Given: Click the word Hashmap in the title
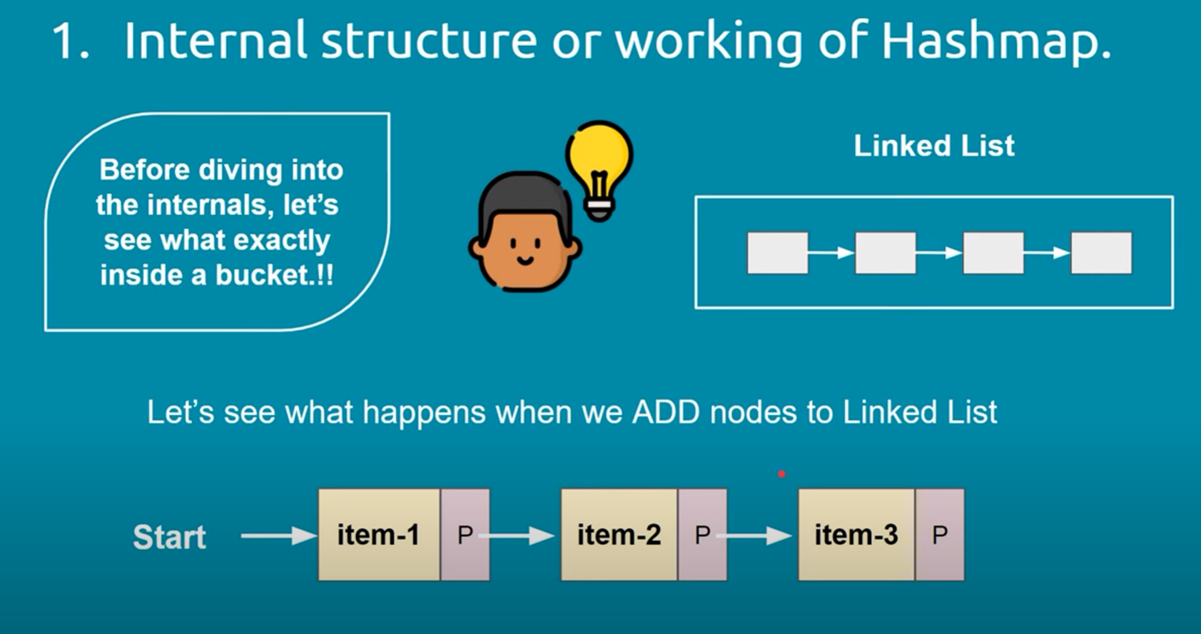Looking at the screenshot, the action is pos(996,42).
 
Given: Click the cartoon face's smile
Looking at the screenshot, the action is pos(525,261).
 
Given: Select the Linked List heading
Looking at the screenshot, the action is pos(934,146).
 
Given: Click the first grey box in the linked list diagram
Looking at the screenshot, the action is pos(777,253).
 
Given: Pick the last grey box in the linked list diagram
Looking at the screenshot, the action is pos(1101,253).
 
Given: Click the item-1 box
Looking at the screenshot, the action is pos(379,534).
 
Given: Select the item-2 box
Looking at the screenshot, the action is pos(619,534).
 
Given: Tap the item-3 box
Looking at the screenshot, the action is pos(856,534).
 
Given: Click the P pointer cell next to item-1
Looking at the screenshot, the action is pos(465,534).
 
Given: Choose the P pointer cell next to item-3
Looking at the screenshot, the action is pos(940,534).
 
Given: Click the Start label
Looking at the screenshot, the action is pos(169,537).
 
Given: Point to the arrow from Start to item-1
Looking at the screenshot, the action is pos(279,535).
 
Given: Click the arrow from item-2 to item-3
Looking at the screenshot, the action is pos(754,535).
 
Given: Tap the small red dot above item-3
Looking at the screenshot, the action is pos(781,474).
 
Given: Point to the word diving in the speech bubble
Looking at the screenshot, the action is pos(240,171).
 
